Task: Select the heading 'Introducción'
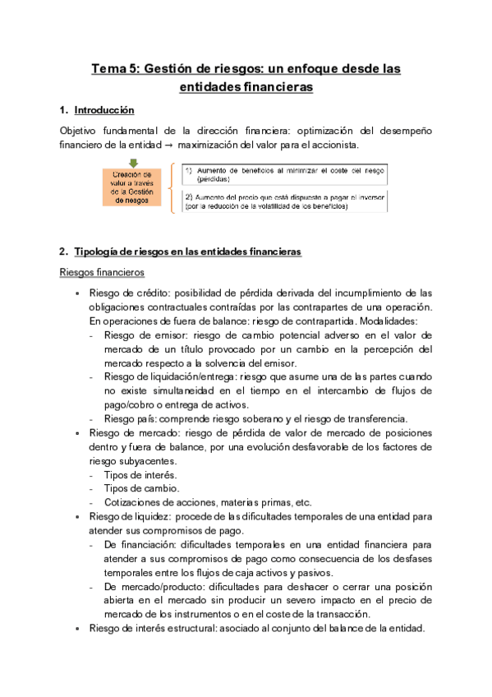click(x=103, y=110)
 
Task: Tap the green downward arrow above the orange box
click(x=133, y=163)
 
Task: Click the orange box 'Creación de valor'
click(x=133, y=187)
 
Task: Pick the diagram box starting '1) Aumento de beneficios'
click(x=285, y=173)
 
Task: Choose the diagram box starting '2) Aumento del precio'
click(x=285, y=202)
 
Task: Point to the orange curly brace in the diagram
click(x=172, y=187)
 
